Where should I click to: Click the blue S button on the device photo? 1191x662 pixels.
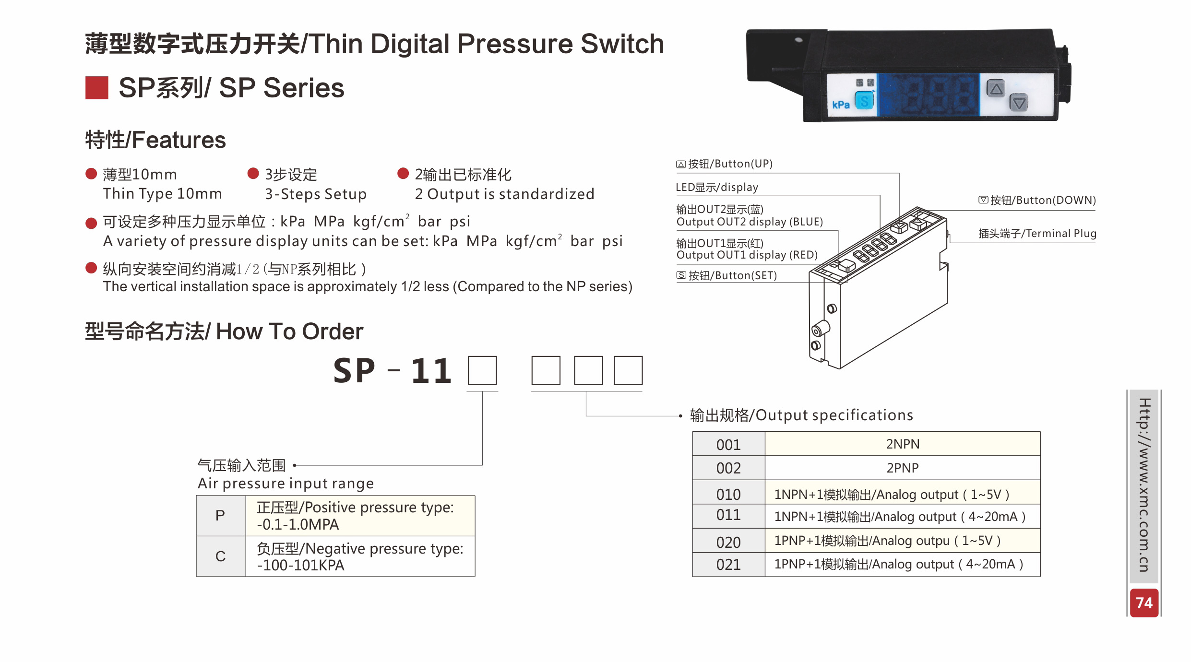pyautogui.click(x=864, y=101)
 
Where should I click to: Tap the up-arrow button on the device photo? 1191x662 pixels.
pyautogui.click(x=996, y=89)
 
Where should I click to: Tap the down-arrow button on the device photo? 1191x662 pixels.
pyautogui.click(x=1018, y=103)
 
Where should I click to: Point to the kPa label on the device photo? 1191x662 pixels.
pyautogui.click(x=841, y=105)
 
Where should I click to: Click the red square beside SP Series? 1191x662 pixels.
pyautogui.click(x=97, y=88)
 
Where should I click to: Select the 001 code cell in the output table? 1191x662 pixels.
pyautogui.click(x=728, y=444)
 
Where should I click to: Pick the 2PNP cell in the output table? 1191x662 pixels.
pyautogui.click(x=902, y=468)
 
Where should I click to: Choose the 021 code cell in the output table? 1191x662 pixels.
pyautogui.click(x=728, y=565)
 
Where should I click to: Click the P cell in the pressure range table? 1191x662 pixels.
pyautogui.click(x=220, y=515)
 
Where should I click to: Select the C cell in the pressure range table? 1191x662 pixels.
pyautogui.click(x=220, y=556)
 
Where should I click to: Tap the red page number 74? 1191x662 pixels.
pyautogui.click(x=1144, y=603)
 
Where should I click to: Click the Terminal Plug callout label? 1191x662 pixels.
pyautogui.click(x=1037, y=234)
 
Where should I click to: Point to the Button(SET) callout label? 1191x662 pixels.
pyautogui.click(x=727, y=275)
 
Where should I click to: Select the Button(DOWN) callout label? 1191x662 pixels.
pyautogui.click(x=1037, y=200)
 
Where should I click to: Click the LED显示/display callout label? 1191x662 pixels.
pyautogui.click(x=717, y=187)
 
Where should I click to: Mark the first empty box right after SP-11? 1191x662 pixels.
pyautogui.click(x=482, y=370)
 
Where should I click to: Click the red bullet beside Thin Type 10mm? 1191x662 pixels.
pyautogui.click(x=91, y=174)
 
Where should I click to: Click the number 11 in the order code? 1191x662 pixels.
pyautogui.click(x=431, y=371)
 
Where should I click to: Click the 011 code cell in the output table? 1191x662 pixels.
pyautogui.click(x=728, y=515)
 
